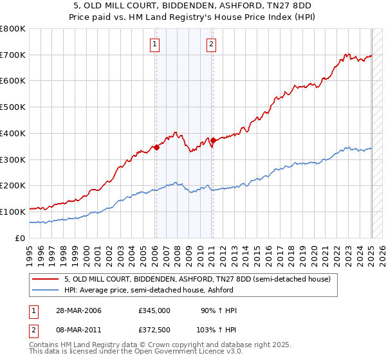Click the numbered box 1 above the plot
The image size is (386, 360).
pyautogui.click(x=156, y=44)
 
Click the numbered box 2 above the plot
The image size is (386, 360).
pyautogui.click(x=211, y=44)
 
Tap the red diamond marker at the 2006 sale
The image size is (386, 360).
pyautogui.click(x=156, y=148)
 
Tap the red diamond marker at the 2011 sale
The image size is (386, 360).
pyautogui.click(x=213, y=140)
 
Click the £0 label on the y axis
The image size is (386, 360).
pyautogui.click(x=21, y=238)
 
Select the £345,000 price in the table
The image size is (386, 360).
pyautogui.click(x=154, y=311)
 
